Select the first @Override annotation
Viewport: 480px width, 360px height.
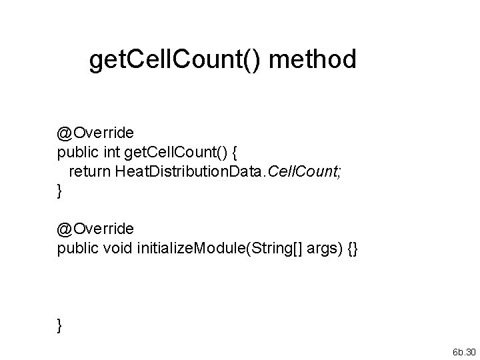[95, 134]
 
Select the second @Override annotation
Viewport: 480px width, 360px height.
[95, 229]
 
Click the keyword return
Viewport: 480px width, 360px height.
[91, 172]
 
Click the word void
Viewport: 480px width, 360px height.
[119, 247]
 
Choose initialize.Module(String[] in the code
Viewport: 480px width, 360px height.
[206, 247]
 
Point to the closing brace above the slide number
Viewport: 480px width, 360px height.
[60, 325]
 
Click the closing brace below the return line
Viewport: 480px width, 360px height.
[60, 192]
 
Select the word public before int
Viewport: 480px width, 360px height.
[77, 153]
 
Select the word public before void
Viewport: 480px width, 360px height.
[77, 247]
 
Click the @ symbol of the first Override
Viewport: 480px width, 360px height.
[65, 134]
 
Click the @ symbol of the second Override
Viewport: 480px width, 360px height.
[65, 229]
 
